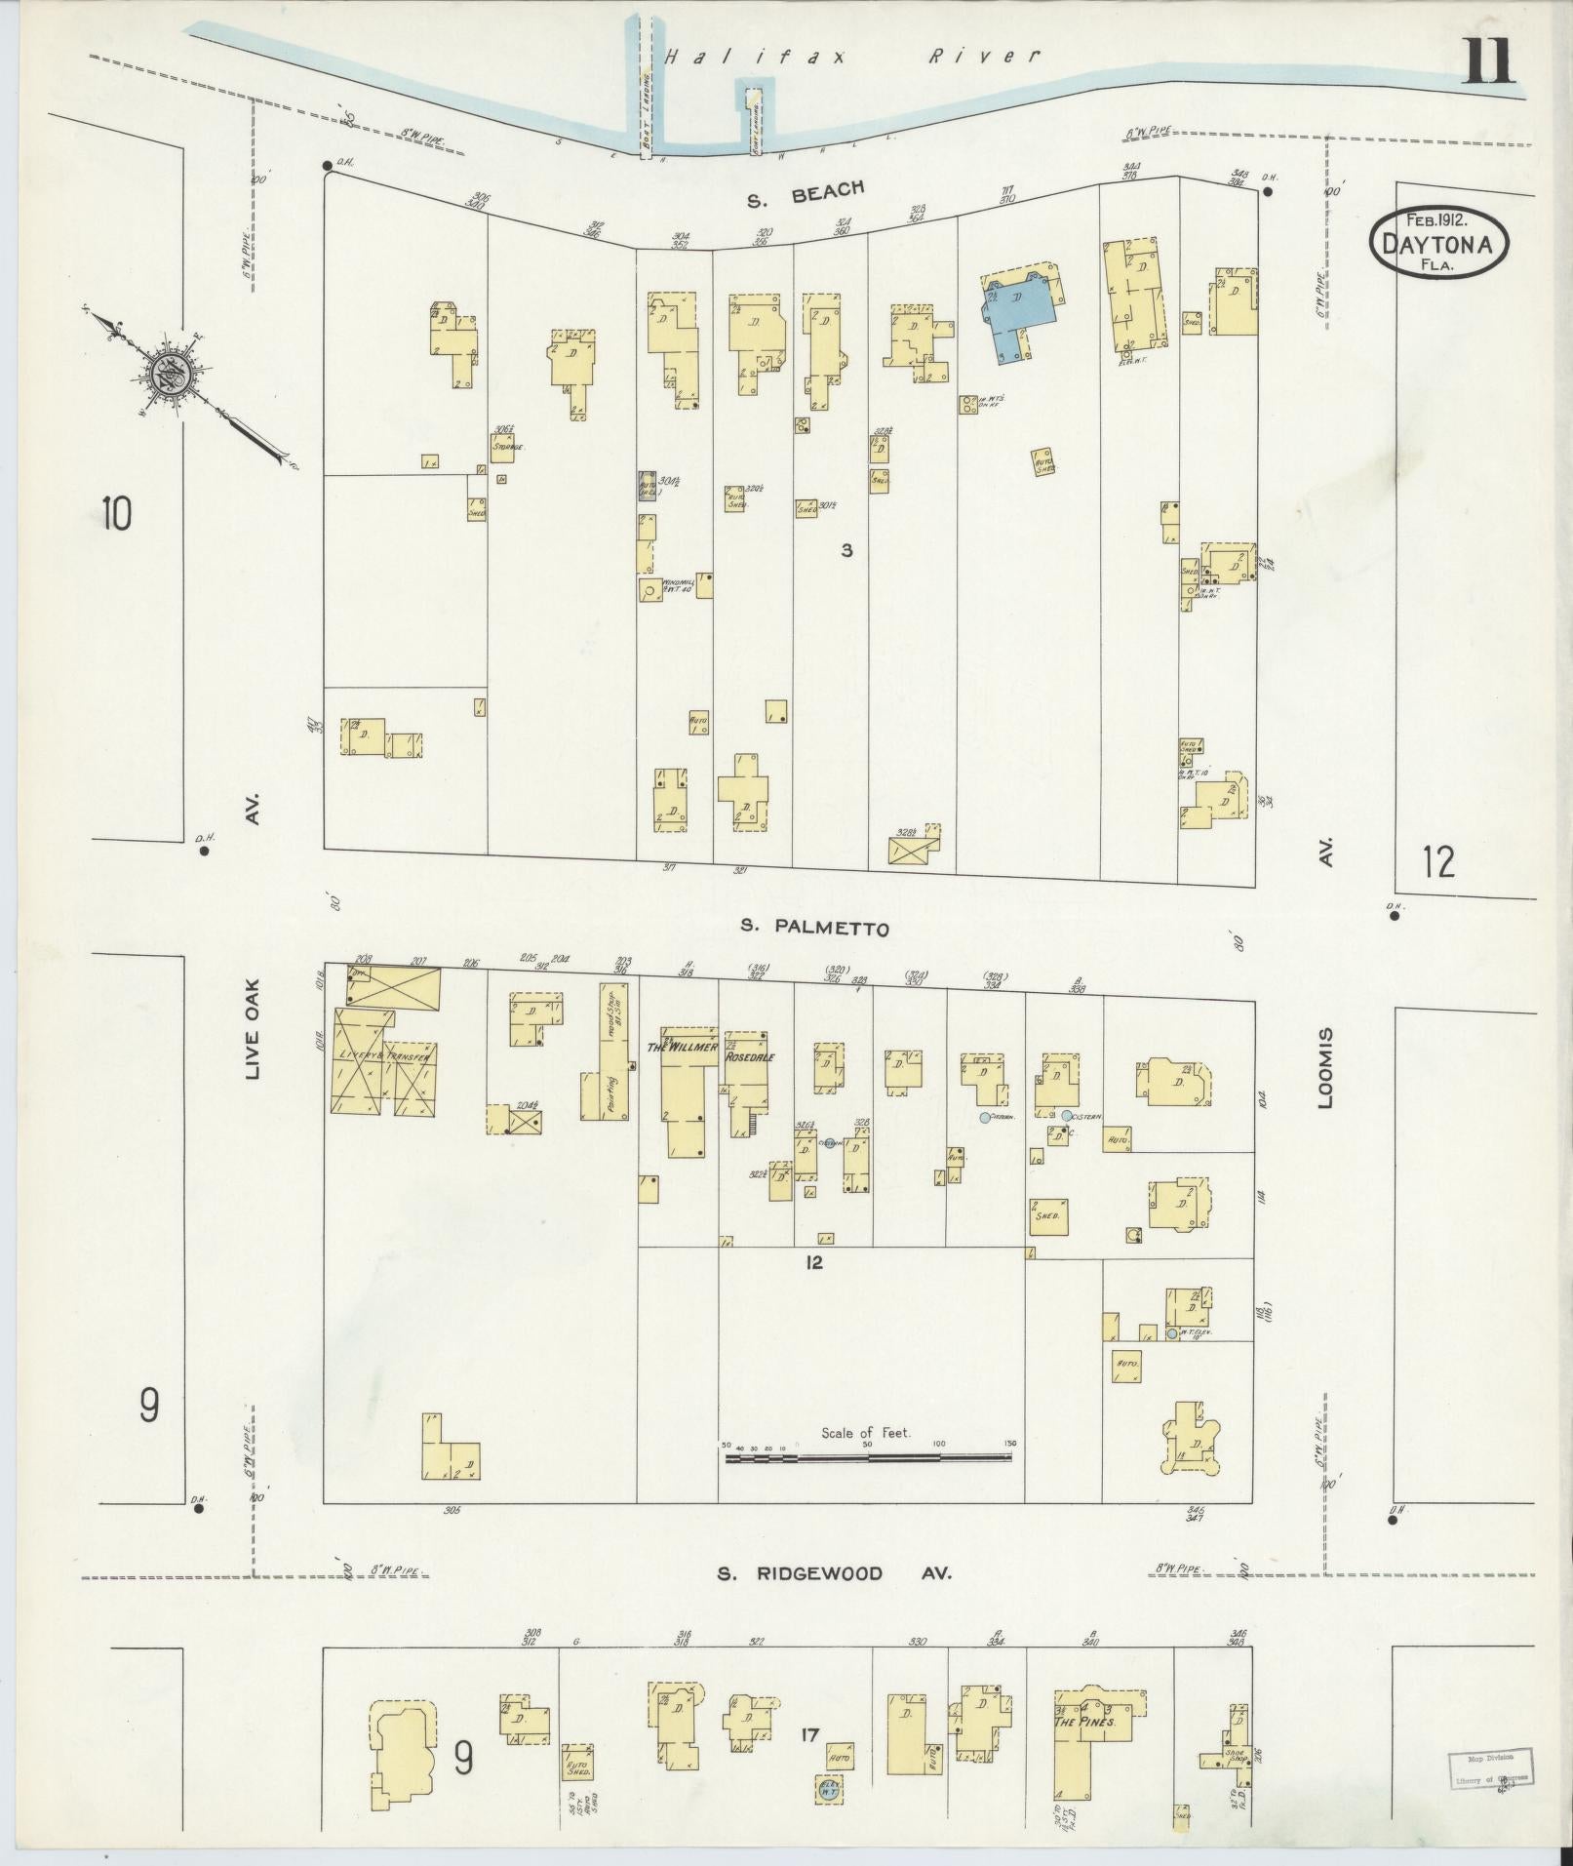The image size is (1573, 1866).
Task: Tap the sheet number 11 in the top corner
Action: coord(1489,61)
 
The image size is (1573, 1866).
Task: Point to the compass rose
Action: coord(168,374)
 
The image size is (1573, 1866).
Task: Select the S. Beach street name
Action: coord(806,194)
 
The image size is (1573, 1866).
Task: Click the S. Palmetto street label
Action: coord(814,927)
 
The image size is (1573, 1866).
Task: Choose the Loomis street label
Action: coord(1324,1068)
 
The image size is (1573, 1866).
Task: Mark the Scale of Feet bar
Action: coord(867,1457)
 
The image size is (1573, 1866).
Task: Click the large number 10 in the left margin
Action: coord(115,513)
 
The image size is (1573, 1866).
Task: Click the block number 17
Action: coord(809,1734)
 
